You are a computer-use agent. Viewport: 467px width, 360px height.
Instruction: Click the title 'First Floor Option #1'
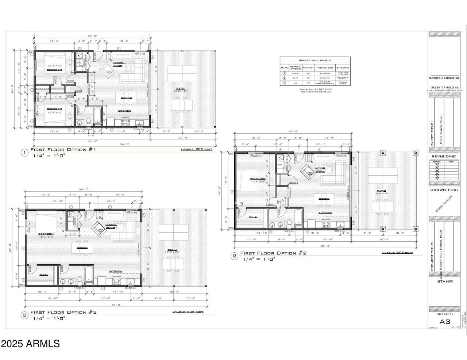click(x=63, y=150)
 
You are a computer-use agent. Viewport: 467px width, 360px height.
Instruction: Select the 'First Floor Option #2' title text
click(x=273, y=253)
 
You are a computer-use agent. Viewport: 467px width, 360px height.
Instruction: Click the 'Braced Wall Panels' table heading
click(x=315, y=60)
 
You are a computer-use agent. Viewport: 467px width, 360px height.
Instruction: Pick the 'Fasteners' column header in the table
click(x=324, y=68)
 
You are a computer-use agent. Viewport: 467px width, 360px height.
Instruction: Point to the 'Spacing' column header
click(x=343, y=68)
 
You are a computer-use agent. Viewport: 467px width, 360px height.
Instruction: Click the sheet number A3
click(x=444, y=321)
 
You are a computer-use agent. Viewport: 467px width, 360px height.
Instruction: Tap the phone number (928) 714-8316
click(x=444, y=88)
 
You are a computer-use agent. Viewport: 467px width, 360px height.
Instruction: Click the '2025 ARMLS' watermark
click(x=30, y=344)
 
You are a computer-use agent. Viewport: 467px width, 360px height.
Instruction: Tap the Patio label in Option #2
click(x=381, y=191)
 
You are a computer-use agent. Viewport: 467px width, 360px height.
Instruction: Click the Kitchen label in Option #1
click(x=124, y=111)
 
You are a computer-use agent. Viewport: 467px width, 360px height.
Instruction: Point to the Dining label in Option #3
click(x=82, y=247)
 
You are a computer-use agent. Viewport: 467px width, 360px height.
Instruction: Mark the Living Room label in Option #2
click(x=320, y=169)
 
